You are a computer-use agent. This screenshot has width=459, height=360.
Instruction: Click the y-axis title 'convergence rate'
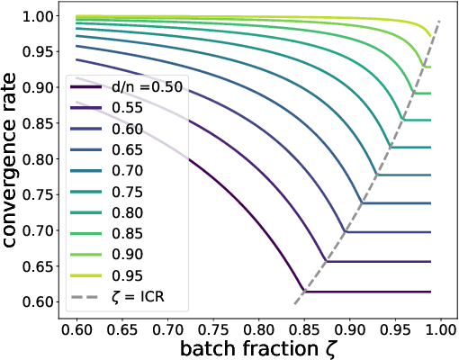[x=13, y=159]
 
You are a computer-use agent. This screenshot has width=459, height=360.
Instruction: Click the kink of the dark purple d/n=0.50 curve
[x=304, y=292]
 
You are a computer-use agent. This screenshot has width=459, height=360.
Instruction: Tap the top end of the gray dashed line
[x=439, y=20]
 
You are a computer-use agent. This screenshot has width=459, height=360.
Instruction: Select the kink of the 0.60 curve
[x=346, y=232]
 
